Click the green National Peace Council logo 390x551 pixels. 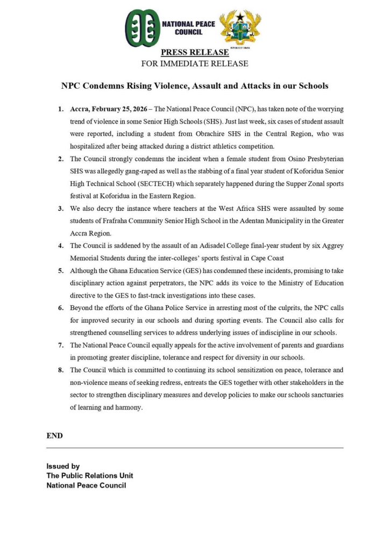143,28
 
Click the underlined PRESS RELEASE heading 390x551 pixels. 195,53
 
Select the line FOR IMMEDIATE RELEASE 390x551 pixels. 195,63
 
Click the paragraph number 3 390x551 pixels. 60,208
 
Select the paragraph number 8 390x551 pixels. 60,370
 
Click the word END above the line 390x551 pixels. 54,436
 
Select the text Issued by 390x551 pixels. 63,467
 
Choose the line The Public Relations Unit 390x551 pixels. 90,476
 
